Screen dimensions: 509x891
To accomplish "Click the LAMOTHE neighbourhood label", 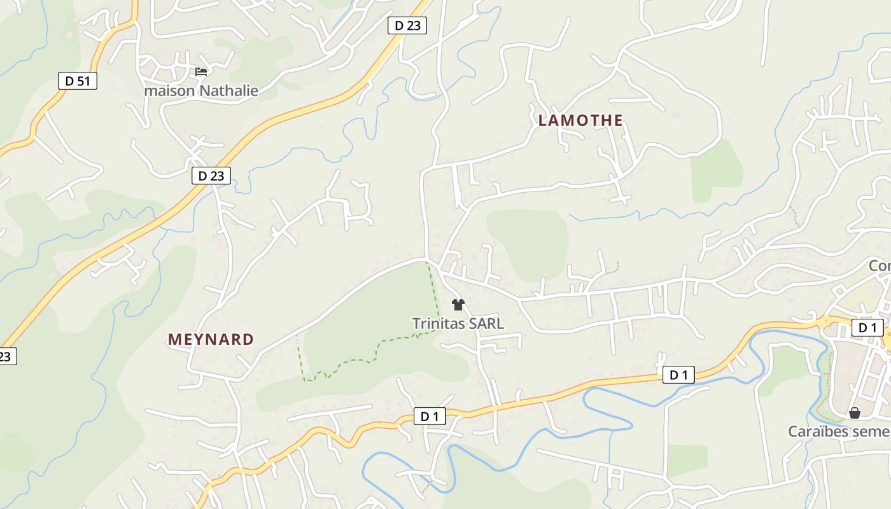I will point(580,120).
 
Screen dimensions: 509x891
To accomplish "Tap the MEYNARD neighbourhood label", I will point(211,339).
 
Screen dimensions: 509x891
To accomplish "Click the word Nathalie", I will point(228,91).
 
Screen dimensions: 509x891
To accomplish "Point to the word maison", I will point(169,91).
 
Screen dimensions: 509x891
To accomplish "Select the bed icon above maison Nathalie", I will point(201,72).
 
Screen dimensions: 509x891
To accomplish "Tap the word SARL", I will point(486,324).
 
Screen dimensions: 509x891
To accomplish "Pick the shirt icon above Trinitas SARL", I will point(458,305).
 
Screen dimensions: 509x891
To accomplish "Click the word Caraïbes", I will point(819,431).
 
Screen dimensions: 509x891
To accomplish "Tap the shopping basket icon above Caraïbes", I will point(854,413).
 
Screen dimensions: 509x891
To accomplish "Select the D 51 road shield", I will point(78,81).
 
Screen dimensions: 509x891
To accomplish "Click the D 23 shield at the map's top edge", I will point(407,25).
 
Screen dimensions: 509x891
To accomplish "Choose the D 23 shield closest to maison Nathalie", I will point(211,176).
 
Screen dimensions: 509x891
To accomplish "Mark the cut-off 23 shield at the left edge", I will point(6,356).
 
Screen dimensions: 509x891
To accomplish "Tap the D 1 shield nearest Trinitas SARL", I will point(430,417).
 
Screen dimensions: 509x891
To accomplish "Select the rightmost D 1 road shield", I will point(867,328).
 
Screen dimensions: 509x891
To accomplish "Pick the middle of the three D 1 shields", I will point(678,375).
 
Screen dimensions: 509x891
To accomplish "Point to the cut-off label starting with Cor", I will point(880,265).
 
